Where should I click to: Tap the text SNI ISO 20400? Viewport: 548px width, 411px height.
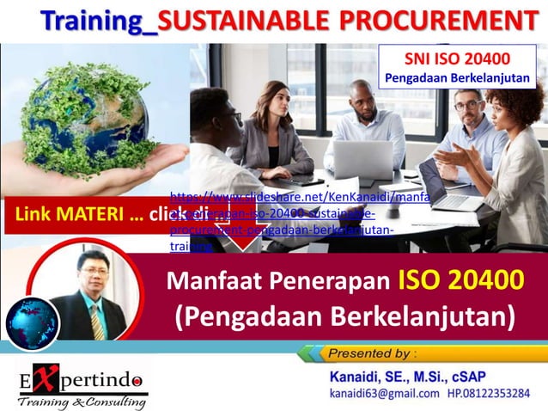[457, 59]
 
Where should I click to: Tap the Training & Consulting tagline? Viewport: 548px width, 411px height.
[82, 402]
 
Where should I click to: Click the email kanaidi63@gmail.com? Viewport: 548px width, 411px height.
[383, 395]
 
